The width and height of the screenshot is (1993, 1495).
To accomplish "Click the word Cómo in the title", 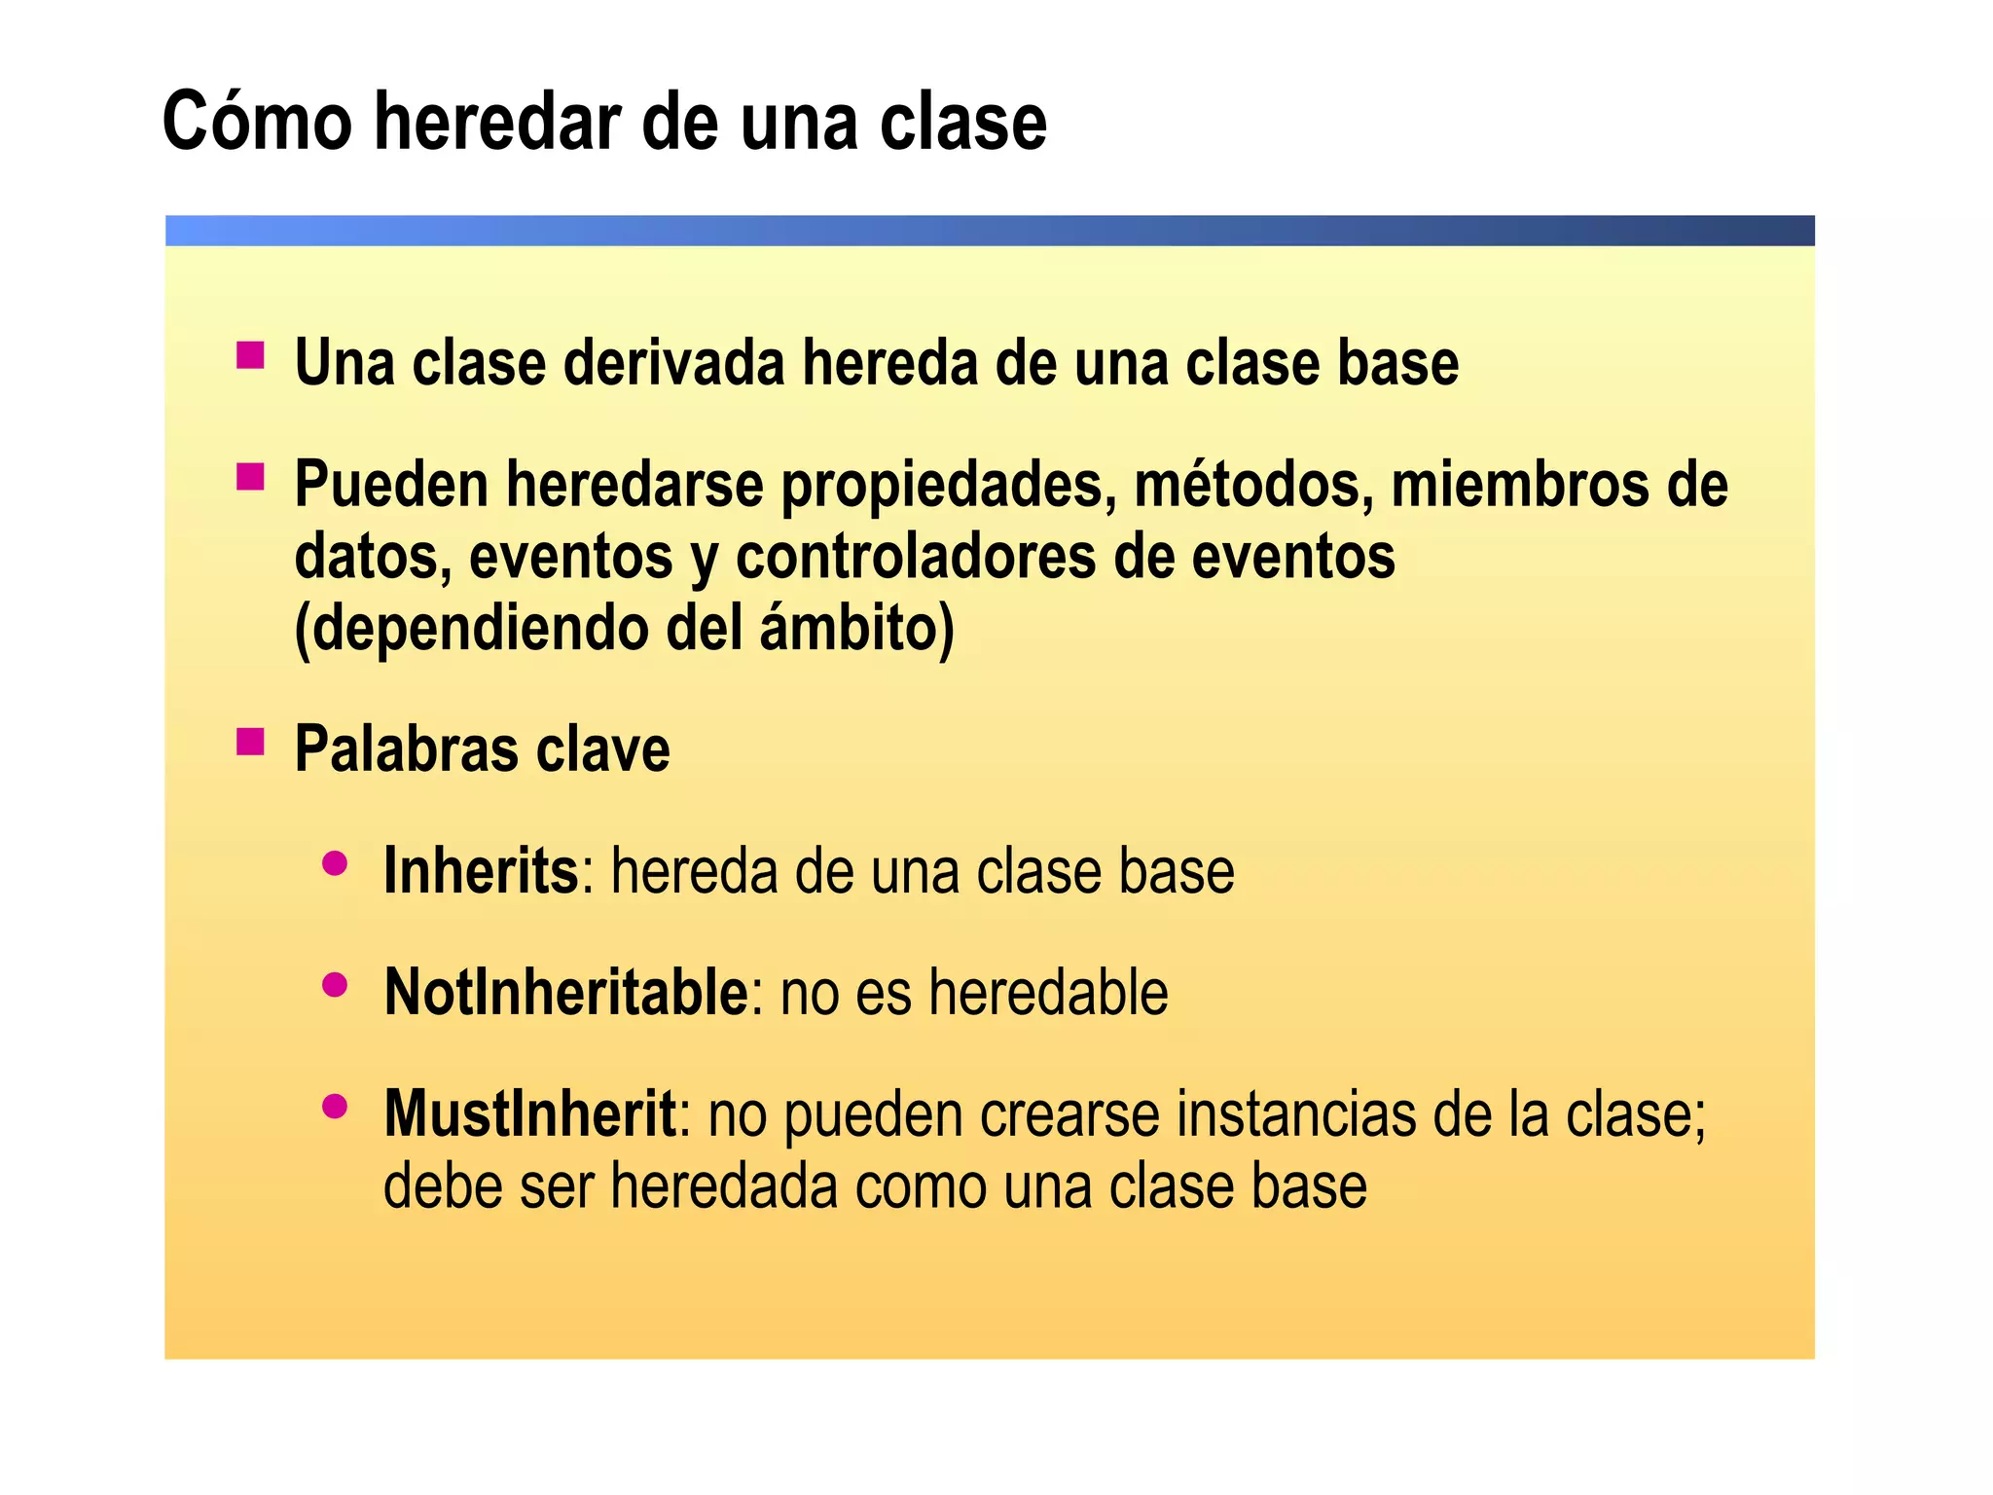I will point(257,122).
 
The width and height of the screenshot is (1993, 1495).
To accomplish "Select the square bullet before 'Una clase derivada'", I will point(250,355).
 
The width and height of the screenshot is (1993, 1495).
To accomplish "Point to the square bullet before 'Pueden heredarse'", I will point(250,477).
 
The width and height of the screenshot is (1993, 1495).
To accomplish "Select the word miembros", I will point(1519,485).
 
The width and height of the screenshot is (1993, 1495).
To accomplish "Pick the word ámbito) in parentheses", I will point(856,628).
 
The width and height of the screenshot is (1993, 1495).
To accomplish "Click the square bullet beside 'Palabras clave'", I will point(250,743).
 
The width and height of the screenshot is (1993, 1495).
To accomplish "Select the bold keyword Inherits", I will point(482,870).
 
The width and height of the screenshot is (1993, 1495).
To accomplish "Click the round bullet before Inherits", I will point(335,863).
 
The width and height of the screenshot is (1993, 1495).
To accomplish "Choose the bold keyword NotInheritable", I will point(565,992).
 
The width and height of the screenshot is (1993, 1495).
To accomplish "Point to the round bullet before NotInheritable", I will point(335,985).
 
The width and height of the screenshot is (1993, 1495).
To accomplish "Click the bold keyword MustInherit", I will point(530,1113).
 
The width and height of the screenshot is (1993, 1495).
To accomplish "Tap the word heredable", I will point(1048,992).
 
